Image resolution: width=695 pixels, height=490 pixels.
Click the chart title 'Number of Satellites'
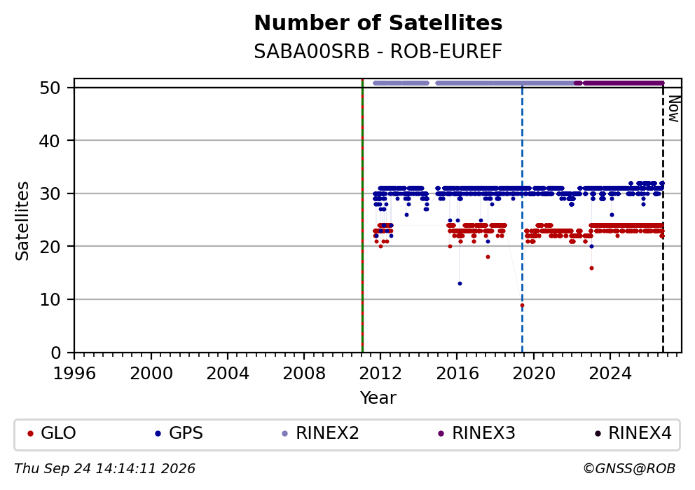click(x=378, y=23)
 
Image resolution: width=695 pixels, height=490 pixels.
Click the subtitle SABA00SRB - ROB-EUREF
click(x=378, y=51)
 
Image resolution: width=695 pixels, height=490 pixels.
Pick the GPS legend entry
click(x=179, y=433)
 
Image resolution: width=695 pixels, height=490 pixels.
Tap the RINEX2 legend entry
click(x=320, y=433)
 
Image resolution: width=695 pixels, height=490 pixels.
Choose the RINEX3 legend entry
click(x=476, y=433)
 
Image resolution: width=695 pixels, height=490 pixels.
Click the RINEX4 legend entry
click(x=633, y=433)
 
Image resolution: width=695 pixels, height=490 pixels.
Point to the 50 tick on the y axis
click(x=50, y=88)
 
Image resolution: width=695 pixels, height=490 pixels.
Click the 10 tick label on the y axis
click(x=50, y=300)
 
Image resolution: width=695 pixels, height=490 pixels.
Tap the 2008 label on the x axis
click(x=304, y=374)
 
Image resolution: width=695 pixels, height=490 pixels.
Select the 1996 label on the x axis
click(x=74, y=374)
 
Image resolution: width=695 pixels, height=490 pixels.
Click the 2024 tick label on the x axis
click(x=610, y=374)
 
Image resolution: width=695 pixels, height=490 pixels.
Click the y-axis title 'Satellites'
click(x=22, y=221)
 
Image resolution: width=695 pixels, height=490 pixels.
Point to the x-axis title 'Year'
click(x=378, y=397)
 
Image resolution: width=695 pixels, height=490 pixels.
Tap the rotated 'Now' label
click(x=674, y=109)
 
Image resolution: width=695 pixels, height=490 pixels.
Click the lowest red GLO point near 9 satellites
click(x=522, y=305)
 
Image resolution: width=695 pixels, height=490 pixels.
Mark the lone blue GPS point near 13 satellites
click(x=460, y=283)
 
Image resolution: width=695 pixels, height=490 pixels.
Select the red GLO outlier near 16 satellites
click(x=591, y=268)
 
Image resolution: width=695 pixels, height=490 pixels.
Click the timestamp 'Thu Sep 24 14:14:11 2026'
click(x=104, y=469)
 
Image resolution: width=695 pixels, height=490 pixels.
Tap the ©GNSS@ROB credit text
click(x=629, y=469)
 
